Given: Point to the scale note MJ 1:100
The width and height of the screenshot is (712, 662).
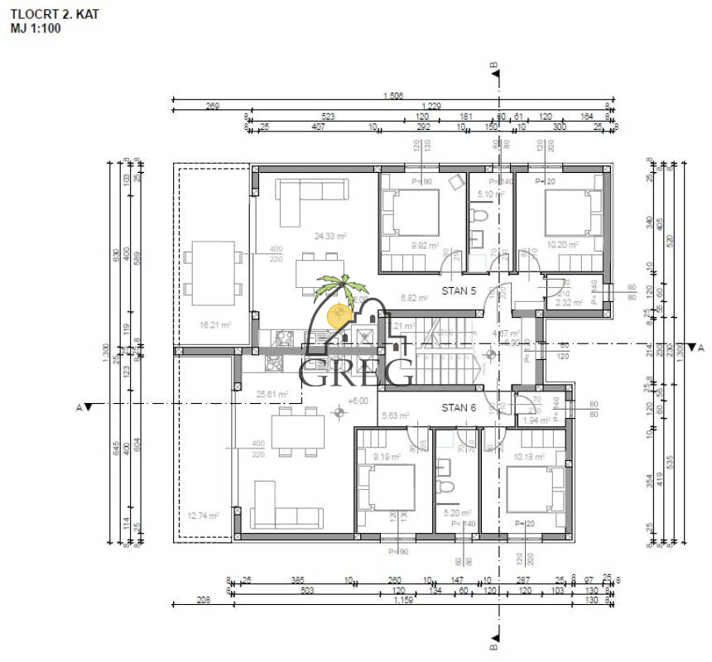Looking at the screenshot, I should [x=36, y=27].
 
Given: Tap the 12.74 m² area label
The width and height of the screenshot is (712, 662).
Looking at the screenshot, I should [x=203, y=516].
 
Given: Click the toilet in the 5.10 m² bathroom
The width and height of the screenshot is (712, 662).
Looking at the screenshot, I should [x=479, y=217].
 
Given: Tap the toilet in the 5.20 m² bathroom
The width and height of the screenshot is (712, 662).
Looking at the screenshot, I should [x=448, y=489].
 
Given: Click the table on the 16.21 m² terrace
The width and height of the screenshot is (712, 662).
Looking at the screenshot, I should [x=214, y=271].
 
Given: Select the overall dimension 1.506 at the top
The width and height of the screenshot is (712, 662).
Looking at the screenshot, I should [x=393, y=97].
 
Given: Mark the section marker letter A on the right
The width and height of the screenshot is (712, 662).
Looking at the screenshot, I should [x=700, y=348].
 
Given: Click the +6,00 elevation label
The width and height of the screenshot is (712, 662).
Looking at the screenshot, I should [x=358, y=401].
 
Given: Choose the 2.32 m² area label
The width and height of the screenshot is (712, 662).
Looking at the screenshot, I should [x=570, y=303].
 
